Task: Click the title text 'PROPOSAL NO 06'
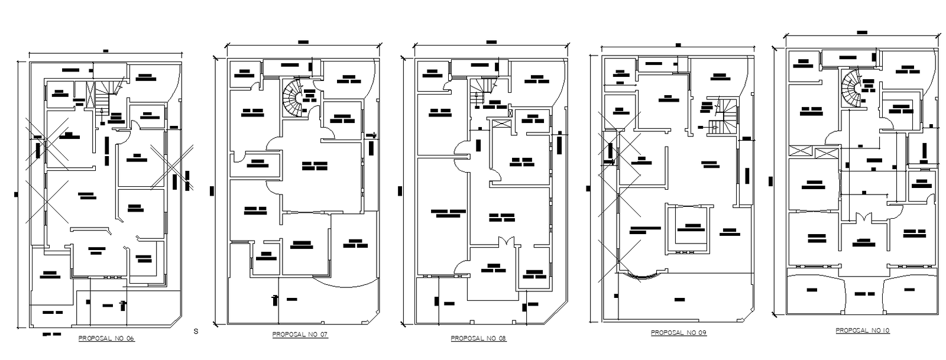pos(106,339)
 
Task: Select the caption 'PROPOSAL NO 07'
pos(300,335)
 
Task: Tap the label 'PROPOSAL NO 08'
pos(478,339)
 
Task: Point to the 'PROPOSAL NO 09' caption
pos(679,333)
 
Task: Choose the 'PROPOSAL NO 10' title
pos(862,330)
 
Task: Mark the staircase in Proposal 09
pos(725,116)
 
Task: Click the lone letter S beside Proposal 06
pos(196,332)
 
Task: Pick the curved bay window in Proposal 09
pos(640,275)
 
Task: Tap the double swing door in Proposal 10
pos(865,217)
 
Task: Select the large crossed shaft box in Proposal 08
pos(500,125)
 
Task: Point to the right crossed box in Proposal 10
pos(825,153)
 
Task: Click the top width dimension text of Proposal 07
pos(303,42)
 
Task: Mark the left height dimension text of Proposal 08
pos(400,190)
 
